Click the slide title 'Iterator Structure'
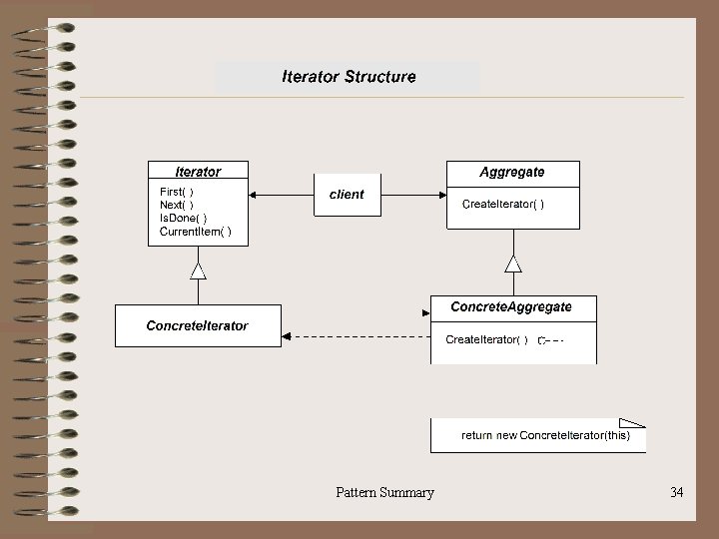coord(349,76)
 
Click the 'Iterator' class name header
coord(198,172)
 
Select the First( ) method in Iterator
coord(177,192)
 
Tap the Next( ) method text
coord(177,205)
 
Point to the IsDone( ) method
coord(184,218)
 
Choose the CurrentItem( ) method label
coord(196,232)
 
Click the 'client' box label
coord(347,195)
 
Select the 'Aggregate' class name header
coord(512,172)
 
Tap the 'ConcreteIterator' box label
coord(198,325)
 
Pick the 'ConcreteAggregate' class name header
coord(511,307)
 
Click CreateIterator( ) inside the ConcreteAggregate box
coord(487,339)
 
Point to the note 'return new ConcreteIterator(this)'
coord(545,435)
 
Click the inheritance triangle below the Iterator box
coord(198,270)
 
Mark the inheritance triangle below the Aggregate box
coord(513,264)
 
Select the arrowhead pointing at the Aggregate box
coord(440,195)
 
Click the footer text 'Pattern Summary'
coord(384,492)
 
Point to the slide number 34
coord(677,492)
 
